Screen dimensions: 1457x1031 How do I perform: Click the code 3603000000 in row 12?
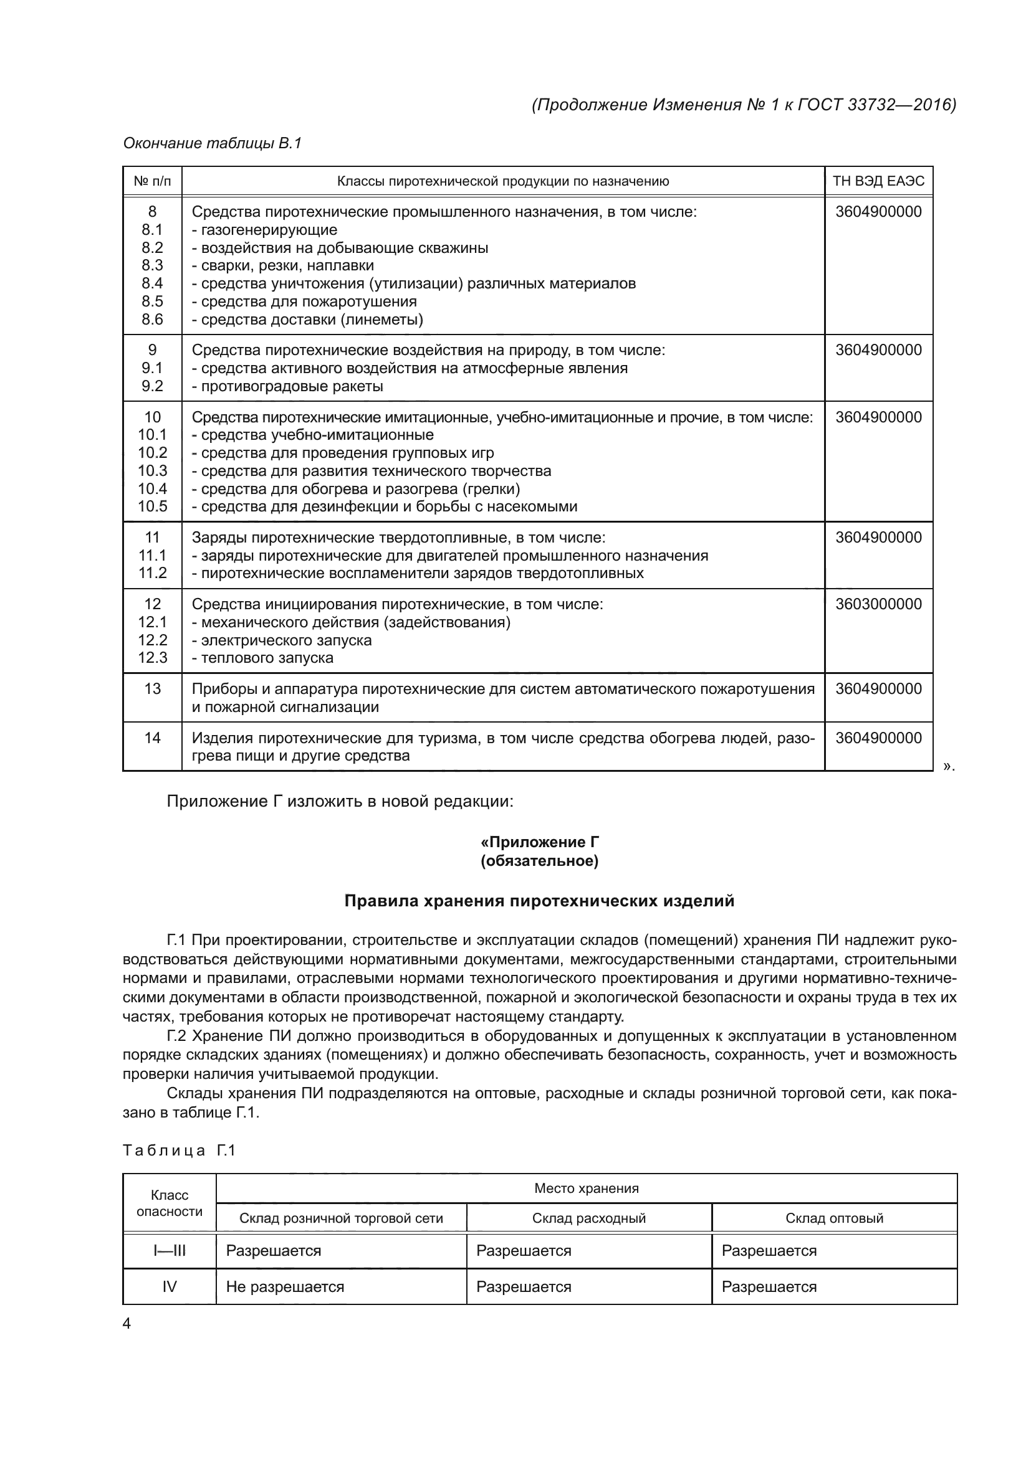[x=878, y=604]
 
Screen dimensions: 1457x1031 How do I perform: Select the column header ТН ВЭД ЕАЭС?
[x=878, y=181]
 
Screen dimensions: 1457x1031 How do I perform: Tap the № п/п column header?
[x=152, y=181]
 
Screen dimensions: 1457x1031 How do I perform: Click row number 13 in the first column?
[x=152, y=688]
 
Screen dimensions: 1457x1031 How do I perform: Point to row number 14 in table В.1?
[x=152, y=738]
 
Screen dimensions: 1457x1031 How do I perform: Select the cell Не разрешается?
[x=285, y=1287]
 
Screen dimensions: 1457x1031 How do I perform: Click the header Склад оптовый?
[x=834, y=1218]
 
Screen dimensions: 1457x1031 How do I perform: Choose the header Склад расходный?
[x=588, y=1218]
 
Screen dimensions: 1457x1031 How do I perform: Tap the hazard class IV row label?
[x=170, y=1287]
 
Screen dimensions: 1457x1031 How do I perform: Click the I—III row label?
[x=170, y=1251]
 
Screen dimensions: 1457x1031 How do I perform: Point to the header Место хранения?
[x=586, y=1189]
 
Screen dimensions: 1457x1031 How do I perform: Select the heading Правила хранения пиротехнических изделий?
[x=539, y=901]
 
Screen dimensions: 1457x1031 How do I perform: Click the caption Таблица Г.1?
[x=179, y=1151]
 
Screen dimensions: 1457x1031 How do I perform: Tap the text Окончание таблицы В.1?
[x=212, y=143]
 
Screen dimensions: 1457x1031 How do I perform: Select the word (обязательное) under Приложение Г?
[x=539, y=861]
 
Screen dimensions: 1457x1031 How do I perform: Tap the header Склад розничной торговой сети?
[x=341, y=1218]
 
